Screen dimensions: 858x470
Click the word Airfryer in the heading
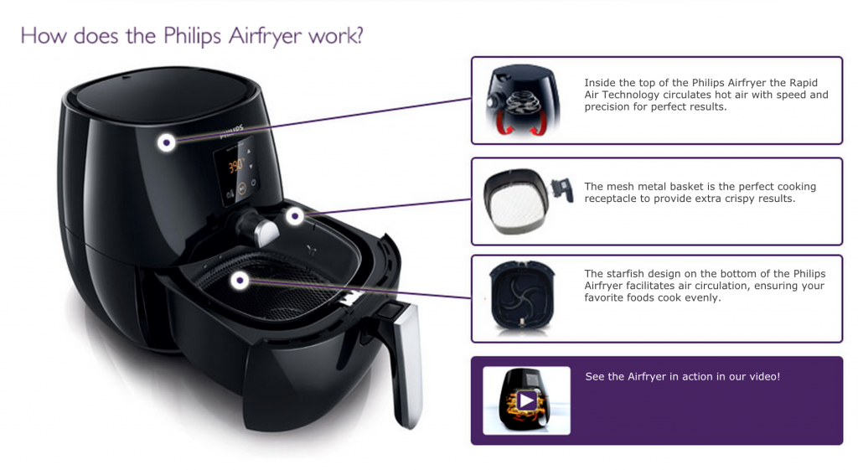click(266, 36)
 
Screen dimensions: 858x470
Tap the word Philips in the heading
click(192, 36)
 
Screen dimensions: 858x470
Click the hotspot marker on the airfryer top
click(167, 142)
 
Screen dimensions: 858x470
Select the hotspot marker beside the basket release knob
click(295, 216)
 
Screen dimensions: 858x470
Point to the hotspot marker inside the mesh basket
click(239, 281)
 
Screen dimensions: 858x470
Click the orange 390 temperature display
click(235, 165)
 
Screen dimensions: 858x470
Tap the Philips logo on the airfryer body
click(231, 132)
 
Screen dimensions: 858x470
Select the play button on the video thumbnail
click(527, 400)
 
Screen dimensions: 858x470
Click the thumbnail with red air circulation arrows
click(523, 101)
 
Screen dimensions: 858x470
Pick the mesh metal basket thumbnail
click(527, 201)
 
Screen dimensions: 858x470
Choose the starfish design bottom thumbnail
click(522, 296)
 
